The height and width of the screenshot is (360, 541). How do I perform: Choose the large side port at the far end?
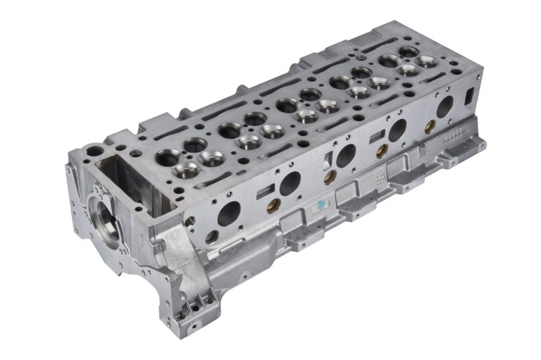(x=444, y=107)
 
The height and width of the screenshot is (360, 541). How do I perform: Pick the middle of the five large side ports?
(x=346, y=156)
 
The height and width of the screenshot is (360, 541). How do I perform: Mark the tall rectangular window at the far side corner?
(x=468, y=94)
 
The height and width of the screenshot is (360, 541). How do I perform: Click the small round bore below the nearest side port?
(x=211, y=237)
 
